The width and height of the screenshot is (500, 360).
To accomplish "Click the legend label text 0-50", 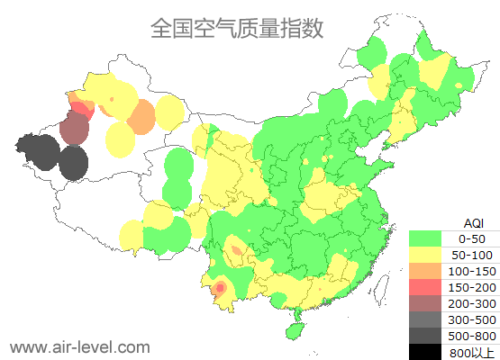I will [472, 238].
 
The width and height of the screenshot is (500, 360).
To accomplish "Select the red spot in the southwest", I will [219, 287].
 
